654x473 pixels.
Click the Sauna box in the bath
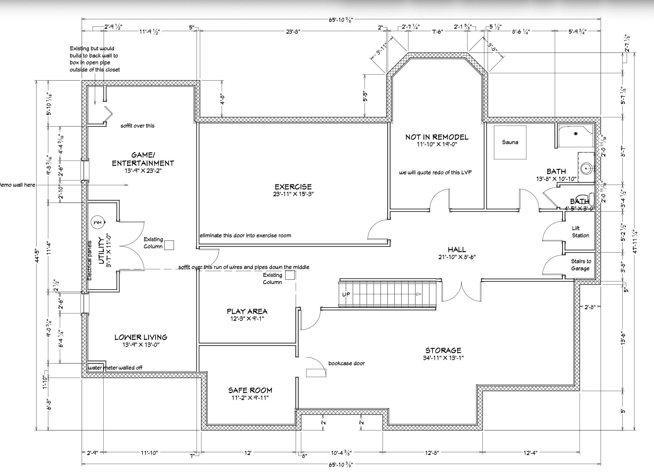click(510, 142)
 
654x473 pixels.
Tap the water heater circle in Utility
click(97, 222)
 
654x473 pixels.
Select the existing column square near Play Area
click(290, 275)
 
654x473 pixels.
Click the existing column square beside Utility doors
click(169, 245)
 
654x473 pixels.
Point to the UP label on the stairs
click(346, 295)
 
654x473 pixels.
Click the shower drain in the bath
click(576, 134)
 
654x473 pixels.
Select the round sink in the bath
click(587, 168)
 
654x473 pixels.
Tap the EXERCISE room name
click(293, 187)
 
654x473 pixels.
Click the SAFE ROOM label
click(250, 391)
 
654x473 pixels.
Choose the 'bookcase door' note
click(347, 363)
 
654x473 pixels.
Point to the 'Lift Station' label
click(581, 232)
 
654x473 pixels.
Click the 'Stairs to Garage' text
click(581, 265)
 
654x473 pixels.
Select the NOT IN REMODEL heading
click(437, 137)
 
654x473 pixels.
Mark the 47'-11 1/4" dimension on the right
click(635, 242)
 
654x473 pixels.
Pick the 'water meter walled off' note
click(115, 368)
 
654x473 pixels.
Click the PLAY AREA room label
click(247, 312)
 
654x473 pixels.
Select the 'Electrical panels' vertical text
click(89, 261)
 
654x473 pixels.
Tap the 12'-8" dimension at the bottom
click(432, 453)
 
